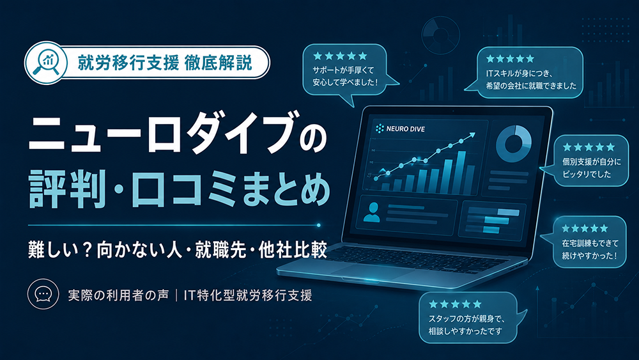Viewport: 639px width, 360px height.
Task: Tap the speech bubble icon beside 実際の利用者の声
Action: point(43,294)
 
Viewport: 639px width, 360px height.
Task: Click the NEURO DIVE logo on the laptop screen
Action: point(400,129)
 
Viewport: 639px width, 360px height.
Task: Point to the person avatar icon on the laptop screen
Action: point(371,212)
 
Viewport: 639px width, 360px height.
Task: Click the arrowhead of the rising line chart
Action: point(472,134)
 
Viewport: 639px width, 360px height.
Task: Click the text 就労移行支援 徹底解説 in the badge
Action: point(165,63)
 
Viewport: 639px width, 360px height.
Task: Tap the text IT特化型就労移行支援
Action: point(248,295)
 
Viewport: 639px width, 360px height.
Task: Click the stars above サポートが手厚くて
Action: point(341,56)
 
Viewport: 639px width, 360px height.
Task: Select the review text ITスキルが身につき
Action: point(519,74)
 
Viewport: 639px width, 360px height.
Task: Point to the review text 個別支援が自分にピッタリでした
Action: point(592,168)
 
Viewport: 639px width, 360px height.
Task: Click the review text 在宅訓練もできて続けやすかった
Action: point(590,249)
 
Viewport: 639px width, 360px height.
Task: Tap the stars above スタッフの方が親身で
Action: point(455,304)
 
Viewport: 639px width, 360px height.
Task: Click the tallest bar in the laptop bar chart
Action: point(461,171)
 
